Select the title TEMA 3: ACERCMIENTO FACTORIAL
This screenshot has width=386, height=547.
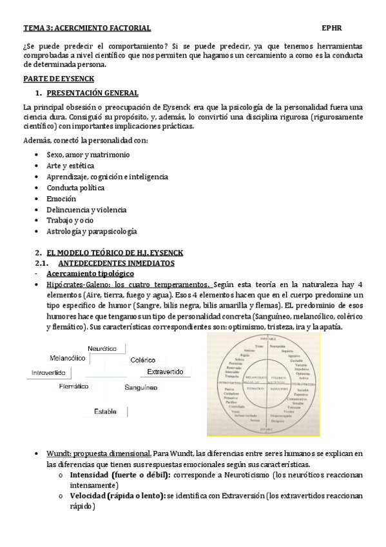[87, 28]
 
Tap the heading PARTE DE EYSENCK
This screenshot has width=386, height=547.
[59, 79]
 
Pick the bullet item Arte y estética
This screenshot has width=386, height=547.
[70, 166]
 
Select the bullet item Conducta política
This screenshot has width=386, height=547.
[75, 188]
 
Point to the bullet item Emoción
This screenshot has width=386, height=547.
[61, 199]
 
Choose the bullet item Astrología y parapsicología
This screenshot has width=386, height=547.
[92, 231]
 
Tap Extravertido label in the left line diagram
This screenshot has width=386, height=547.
[165, 372]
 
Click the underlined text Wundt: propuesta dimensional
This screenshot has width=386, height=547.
[99, 453]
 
